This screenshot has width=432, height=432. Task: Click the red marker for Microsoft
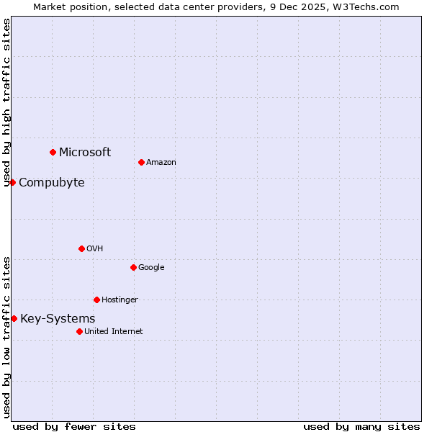point(53,152)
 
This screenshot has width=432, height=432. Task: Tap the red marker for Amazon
point(141,162)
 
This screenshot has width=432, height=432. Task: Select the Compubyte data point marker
point(12,182)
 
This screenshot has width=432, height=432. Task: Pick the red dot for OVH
point(81,248)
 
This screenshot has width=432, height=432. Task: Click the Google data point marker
point(133,267)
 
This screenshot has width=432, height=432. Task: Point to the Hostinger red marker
point(96,300)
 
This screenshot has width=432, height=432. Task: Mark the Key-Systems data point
point(14,318)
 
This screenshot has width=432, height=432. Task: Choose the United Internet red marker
point(79,331)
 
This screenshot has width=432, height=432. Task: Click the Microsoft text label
point(85,152)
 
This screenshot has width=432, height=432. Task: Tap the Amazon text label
point(161,162)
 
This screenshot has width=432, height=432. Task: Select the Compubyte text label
point(51,182)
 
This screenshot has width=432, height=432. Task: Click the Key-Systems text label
point(58,318)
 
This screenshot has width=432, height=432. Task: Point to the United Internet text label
point(113,331)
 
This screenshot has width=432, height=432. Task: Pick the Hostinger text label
point(120,300)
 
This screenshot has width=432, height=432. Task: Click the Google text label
point(151,267)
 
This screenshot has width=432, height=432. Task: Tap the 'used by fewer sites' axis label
point(74,426)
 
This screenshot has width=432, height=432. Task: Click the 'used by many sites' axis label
point(361,426)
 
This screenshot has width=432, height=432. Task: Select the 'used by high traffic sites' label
point(6,102)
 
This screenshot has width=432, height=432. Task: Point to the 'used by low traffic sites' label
point(6,337)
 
